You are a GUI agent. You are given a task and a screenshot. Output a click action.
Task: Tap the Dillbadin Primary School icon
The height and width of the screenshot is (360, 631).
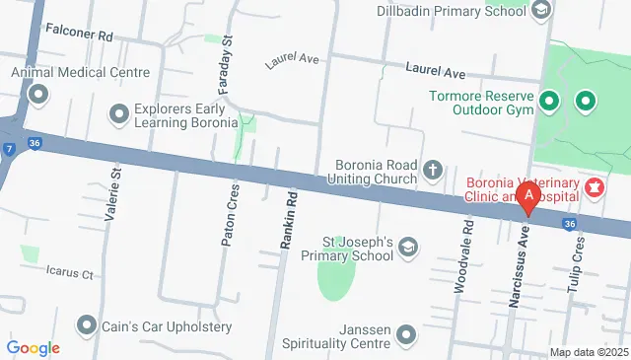540,11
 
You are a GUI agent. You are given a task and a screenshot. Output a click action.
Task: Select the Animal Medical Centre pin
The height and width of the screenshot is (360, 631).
38,95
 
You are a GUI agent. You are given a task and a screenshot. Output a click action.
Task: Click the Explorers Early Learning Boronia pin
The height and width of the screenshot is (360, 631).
120,114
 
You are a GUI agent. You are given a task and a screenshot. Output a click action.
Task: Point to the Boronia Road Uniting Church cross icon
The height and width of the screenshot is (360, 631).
432,172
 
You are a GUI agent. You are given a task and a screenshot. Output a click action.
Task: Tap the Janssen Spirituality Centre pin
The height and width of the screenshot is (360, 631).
406,336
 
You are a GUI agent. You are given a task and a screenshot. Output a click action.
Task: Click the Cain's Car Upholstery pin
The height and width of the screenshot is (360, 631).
88,325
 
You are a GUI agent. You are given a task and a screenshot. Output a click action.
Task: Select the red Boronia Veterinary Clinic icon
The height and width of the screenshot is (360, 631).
595,186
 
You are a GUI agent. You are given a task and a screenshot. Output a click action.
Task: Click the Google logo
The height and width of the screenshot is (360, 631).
33,348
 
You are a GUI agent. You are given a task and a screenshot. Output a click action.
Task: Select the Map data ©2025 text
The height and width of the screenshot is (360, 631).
589,352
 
